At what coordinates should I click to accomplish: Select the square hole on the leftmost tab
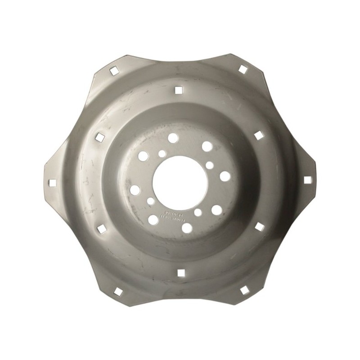click(53, 183)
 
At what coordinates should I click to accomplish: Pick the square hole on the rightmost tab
click(307, 180)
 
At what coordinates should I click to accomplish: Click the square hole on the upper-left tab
click(113, 70)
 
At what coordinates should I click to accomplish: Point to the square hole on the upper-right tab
click(243, 69)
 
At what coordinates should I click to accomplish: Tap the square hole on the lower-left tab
click(118, 292)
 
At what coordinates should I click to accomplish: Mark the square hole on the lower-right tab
click(244, 290)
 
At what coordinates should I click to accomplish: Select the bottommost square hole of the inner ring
click(181, 272)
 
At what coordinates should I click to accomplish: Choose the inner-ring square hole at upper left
click(100, 136)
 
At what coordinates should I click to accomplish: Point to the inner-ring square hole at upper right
click(258, 135)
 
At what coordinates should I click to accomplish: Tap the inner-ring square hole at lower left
click(102, 229)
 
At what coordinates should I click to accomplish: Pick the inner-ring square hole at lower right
click(259, 227)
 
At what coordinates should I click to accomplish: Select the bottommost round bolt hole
click(187, 228)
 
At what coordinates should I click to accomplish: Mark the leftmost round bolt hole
click(135, 190)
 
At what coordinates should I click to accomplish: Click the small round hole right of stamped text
click(198, 212)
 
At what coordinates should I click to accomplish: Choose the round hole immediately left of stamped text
click(153, 220)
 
